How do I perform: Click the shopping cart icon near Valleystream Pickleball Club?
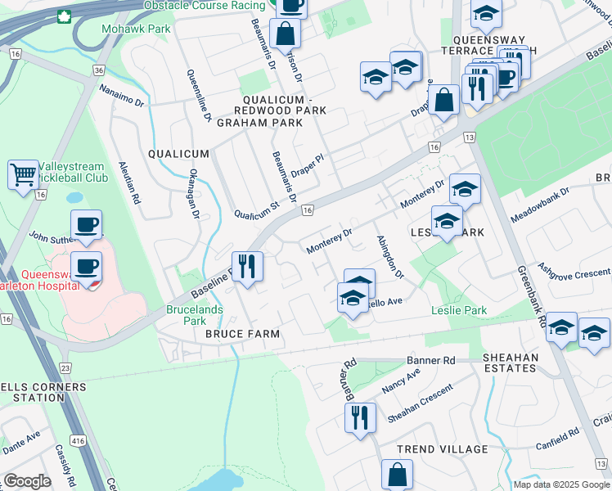[x=23, y=173]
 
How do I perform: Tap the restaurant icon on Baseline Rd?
[x=246, y=266]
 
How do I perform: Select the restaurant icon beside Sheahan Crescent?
[x=360, y=417]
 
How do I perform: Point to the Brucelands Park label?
[x=195, y=315]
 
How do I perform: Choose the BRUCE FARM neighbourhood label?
[x=242, y=334]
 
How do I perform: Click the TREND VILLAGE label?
[x=442, y=449]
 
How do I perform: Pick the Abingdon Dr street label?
[x=389, y=258]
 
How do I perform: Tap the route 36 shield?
[x=99, y=71]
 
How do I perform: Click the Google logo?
[x=27, y=480]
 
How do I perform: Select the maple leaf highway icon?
[x=64, y=16]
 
